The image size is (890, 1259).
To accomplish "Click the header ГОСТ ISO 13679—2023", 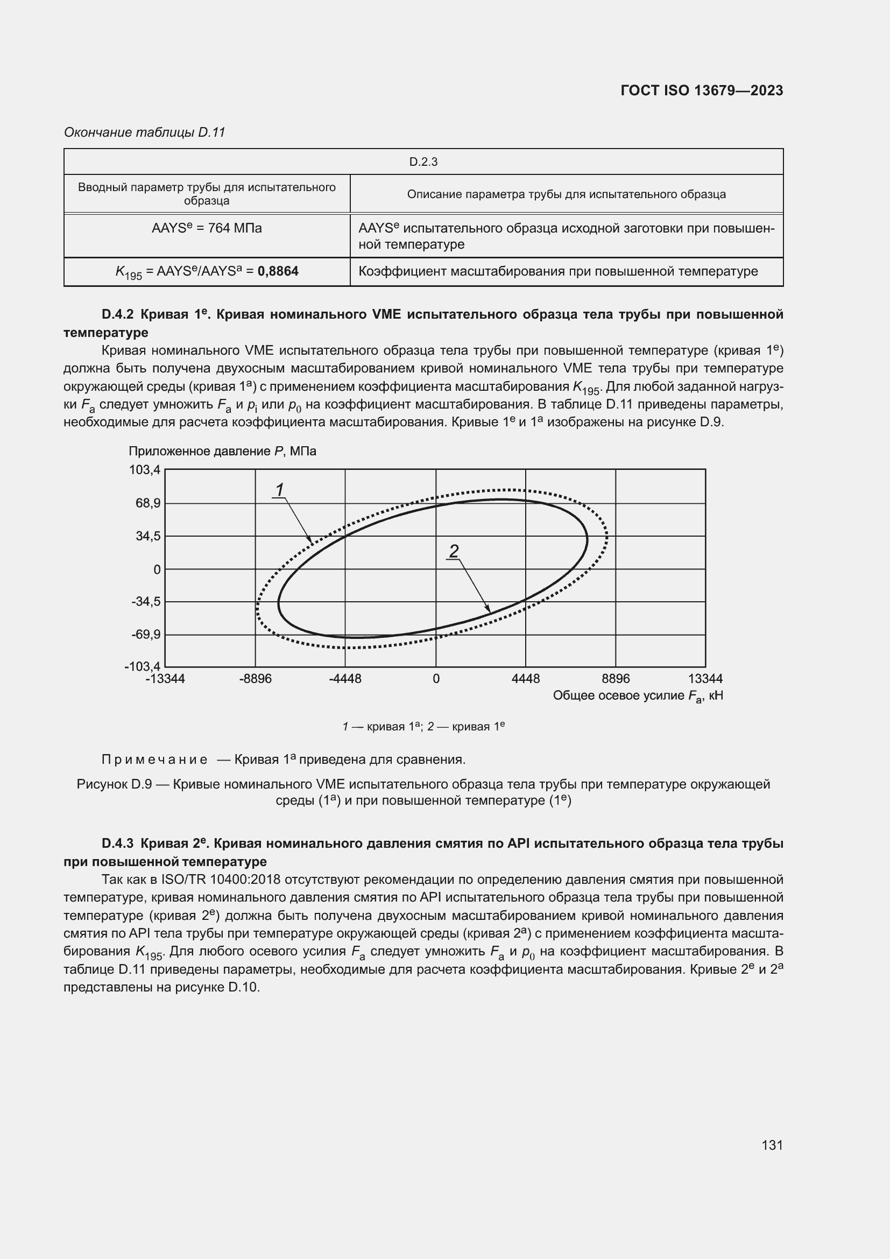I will tap(702, 90).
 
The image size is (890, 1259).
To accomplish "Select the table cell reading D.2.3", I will tap(423, 162).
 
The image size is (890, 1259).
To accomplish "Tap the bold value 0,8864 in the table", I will tap(278, 271).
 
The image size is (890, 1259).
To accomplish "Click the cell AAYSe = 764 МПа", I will tap(207, 228).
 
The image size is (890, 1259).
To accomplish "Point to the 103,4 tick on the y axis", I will tap(145, 469).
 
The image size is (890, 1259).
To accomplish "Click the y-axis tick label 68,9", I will tap(147, 503).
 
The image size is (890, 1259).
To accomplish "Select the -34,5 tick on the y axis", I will tap(146, 602).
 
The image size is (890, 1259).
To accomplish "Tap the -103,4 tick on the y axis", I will tap(143, 666).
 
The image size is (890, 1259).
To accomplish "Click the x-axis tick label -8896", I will tap(256, 679).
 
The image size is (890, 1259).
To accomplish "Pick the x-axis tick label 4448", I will tap(526, 679).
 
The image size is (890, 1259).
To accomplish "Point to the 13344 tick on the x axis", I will tap(705, 679).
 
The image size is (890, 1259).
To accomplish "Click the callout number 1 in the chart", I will tap(279, 489).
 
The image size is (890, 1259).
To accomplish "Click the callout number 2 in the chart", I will tap(454, 551).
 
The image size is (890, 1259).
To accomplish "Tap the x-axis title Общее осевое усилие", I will tap(619, 696).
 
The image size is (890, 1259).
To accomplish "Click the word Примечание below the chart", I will tap(154, 759).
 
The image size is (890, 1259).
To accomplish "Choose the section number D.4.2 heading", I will tap(118, 314).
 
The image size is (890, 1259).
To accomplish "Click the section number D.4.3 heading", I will tap(118, 843).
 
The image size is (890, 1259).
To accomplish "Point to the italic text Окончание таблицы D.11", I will tap(145, 132).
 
